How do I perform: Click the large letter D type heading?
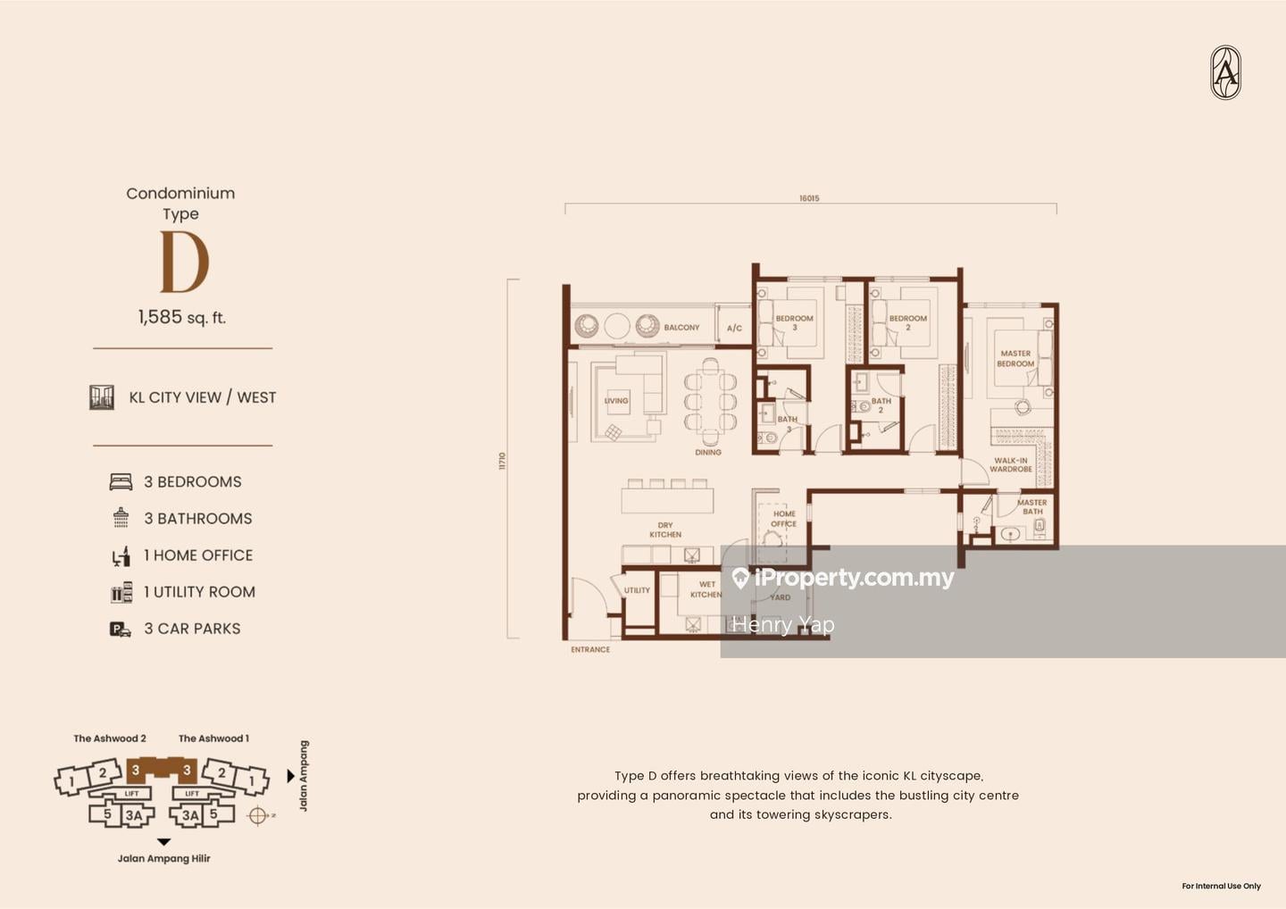tap(184, 263)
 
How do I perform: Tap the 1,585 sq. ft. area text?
tap(182, 317)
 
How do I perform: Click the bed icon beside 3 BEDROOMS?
tap(121, 482)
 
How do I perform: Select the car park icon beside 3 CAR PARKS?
tap(120, 630)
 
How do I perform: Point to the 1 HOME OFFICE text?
tap(198, 555)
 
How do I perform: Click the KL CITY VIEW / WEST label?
tap(203, 397)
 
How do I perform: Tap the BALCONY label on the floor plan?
tap(681, 328)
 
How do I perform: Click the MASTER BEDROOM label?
tap(1015, 358)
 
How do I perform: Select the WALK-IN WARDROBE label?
tap(1010, 465)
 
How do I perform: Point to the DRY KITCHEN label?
tap(665, 530)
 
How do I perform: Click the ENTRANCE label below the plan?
tap(590, 650)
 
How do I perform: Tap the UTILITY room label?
tap(637, 590)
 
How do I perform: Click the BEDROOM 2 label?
tap(908, 322)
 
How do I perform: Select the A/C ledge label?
tap(734, 329)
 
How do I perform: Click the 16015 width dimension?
tap(809, 198)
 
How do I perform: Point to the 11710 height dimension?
tap(502, 461)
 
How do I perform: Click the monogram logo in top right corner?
tap(1225, 72)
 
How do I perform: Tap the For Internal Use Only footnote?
tap(1221, 886)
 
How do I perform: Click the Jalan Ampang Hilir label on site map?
tap(164, 859)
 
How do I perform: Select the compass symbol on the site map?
tap(259, 815)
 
